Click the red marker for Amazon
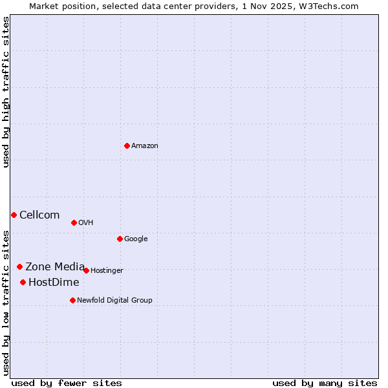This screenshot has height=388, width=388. [127, 145]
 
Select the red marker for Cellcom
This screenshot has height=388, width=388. [14, 215]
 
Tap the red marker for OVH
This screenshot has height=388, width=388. [74, 222]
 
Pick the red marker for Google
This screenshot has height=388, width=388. [120, 239]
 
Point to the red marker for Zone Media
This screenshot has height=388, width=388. [19, 266]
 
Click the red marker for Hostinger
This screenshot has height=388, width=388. [86, 270]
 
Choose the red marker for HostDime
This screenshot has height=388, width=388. [23, 282]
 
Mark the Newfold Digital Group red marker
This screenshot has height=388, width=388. [72, 300]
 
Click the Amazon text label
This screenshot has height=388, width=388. [145, 146]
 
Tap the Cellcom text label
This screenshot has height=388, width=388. [39, 215]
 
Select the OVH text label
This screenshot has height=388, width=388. [86, 223]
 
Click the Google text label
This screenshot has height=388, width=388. [136, 239]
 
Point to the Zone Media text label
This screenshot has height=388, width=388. [55, 267]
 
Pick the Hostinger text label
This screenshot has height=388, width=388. [107, 271]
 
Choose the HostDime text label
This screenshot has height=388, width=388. [54, 283]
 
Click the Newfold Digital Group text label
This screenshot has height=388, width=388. [114, 301]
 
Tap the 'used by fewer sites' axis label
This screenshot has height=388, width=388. [67, 383]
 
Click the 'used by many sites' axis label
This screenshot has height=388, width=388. [325, 383]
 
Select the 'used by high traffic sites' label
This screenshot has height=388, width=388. [6, 92]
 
